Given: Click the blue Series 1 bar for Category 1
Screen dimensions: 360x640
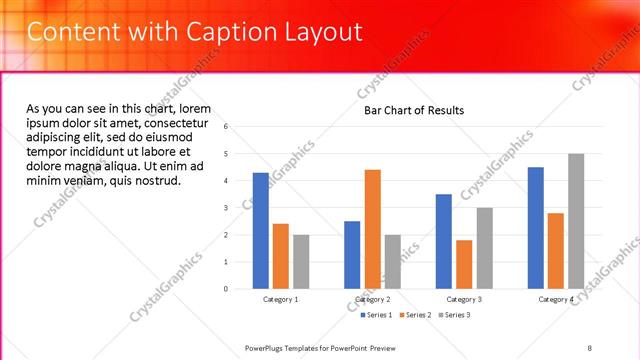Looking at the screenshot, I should (261, 231).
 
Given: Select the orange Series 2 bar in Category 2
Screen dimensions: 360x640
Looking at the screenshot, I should (372, 229).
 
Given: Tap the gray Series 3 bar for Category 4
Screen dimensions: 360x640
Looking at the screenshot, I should (576, 221).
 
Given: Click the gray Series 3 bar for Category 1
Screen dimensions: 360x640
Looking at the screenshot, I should (301, 262).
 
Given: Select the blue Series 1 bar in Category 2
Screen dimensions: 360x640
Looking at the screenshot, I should (352, 255).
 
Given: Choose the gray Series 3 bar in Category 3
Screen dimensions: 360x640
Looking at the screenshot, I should (484, 248).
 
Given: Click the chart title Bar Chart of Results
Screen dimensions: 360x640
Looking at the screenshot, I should (413, 110).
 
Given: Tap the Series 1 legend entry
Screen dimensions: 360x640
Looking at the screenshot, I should (377, 315).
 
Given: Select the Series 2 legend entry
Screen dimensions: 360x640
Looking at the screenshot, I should (415, 315).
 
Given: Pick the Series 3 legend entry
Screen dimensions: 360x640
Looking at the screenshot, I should (453, 315).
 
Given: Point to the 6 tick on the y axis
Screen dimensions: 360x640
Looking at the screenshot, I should (227, 127).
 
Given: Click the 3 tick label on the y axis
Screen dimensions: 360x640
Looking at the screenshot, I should (227, 208).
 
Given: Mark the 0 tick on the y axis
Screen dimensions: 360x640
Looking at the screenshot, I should (227, 289).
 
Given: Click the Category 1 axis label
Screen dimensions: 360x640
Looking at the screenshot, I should (281, 300).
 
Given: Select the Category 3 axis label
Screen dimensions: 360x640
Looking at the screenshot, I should (464, 300).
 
